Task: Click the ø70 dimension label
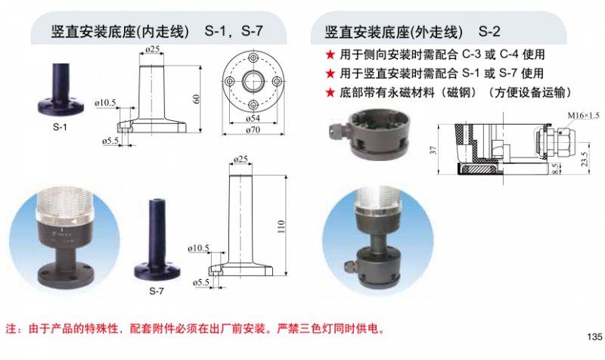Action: (253, 129)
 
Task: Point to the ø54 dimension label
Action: (253, 118)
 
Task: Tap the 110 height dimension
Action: (281, 226)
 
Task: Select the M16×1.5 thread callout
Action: (583, 116)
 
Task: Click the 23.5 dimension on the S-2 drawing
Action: (584, 158)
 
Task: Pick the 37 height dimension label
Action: (433, 150)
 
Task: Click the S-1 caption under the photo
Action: (60, 127)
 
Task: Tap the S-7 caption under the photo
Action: (157, 290)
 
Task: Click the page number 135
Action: (594, 337)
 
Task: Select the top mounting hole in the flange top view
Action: (253, 58)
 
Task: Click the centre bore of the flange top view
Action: (253, 82)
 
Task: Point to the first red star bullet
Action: (330, 54)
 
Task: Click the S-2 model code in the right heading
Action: (489, 31)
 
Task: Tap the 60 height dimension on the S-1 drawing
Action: (196, 99)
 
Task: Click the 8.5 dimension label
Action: (554, 169)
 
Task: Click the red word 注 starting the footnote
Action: (11, 328)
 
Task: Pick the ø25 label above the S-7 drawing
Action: (240, 159)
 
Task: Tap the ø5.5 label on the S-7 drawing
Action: (201, 282)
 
